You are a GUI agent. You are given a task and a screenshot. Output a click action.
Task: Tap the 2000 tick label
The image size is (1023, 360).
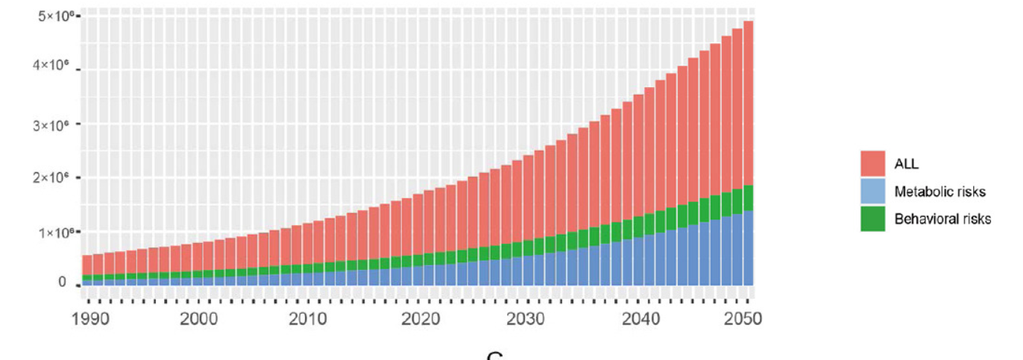[198, 319]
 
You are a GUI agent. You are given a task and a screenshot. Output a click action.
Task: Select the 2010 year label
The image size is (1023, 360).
[308, 319]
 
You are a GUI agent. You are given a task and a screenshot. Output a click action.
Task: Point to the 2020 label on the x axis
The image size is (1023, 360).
[418, 319]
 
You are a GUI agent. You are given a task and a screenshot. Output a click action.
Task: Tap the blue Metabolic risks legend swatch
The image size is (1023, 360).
[872, 192]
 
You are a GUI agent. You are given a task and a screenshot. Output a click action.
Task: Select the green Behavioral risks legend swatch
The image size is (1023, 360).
[872, 218]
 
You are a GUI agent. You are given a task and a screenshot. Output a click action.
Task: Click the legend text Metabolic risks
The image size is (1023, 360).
[939, 192]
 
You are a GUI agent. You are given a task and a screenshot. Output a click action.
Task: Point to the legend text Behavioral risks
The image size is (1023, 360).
[942, 218]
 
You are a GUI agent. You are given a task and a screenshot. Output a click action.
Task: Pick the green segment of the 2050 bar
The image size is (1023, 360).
[748, 198]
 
